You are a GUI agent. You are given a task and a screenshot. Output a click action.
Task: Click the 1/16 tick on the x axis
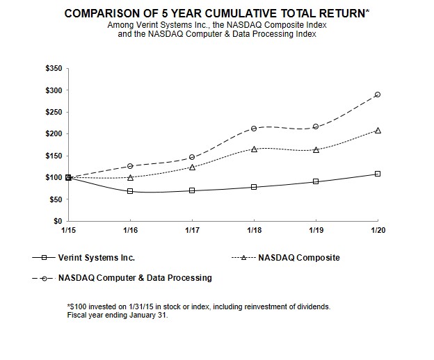click(130, 230)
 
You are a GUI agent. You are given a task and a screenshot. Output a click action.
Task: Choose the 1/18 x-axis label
click(254, 230)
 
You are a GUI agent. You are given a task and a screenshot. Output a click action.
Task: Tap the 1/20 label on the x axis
click(378, 230)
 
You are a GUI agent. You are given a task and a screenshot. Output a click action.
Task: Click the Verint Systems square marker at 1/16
click(130, 191)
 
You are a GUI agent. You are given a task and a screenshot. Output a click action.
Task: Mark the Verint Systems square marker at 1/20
click(378, 174)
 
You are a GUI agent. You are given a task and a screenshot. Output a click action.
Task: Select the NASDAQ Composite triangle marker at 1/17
click(192, 167)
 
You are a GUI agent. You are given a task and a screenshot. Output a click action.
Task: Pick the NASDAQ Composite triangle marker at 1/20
click(378, 130)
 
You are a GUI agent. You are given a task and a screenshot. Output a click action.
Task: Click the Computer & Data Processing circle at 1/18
click(254, 128)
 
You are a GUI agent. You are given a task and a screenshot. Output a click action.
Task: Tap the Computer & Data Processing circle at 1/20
click(378, 95)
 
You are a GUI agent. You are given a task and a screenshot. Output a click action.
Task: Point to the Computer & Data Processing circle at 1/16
click(130, 166)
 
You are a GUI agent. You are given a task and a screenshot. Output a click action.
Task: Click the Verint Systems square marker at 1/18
click(254, 187)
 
